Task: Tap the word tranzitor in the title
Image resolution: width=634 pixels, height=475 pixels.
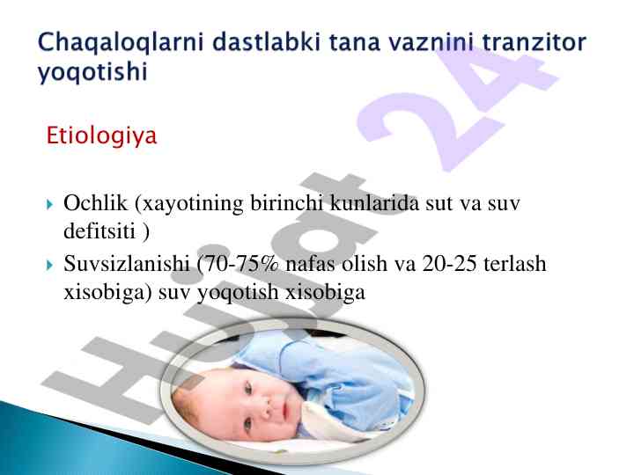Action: click(x=534, y=42)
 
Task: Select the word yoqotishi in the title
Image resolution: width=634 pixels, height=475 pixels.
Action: click(x=92, y=73)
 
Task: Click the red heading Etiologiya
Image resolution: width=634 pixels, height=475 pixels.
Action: click(x=101, y=135)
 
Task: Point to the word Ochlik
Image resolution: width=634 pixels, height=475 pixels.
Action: click(x=95, y=203)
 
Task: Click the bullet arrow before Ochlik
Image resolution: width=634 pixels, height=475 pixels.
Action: click(x=49, y=204)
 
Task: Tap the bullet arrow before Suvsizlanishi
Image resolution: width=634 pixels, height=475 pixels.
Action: click(x=49, y=266)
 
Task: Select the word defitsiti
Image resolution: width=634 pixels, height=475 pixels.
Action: click(x=100, y=231)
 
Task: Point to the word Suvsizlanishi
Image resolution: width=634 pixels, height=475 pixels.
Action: click(x=127, y=264)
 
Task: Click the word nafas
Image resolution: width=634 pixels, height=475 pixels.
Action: click(x=310, y=264)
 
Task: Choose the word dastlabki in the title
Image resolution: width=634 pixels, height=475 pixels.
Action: click(x=268, y=42)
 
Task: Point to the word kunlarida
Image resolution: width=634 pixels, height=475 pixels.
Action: click(x=374, y=203)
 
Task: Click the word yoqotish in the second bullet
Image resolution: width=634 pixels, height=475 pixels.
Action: click(x=238, y=292)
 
